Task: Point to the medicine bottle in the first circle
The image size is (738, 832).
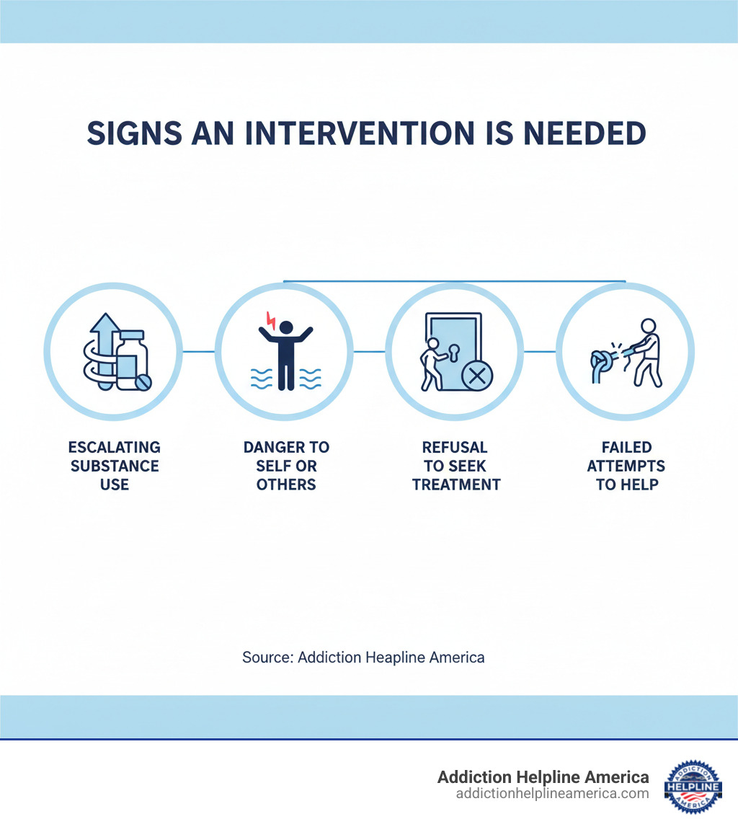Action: coord(131,362)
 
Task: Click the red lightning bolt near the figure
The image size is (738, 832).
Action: coord(272,318)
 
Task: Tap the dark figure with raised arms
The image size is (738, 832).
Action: coord(286,353)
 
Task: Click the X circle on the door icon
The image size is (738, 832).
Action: coord(475,375)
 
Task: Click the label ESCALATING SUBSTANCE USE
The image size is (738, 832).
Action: coord(115,466)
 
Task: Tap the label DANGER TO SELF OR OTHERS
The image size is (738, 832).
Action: coord(286,466)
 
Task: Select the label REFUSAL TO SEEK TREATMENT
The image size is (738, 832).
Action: coord(455,466)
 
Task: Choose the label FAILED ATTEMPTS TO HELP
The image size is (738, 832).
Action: coord(626,466)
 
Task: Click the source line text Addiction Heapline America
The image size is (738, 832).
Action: coord(363,657)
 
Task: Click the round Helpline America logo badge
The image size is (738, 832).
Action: coord(693,787)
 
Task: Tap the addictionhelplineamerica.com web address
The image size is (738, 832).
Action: coord(552,794)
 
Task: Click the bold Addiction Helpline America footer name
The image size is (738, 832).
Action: coord(543,777)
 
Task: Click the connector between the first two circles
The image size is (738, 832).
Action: coord(199,352)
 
